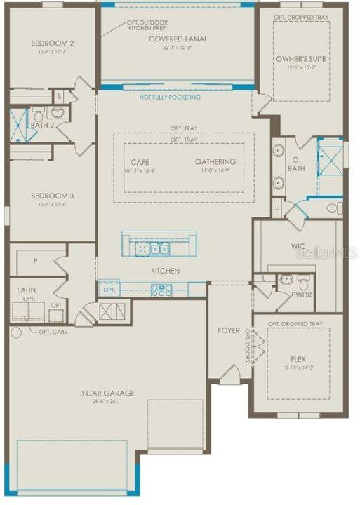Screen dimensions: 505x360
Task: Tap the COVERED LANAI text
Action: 177,39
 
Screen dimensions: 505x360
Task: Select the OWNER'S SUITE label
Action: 300,58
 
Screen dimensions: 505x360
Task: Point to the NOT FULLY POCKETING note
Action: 169,97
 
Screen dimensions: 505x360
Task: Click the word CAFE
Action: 140,162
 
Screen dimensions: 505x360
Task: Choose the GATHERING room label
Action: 215,162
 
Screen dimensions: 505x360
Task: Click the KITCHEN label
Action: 164,271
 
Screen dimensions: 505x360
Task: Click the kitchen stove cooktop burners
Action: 161,290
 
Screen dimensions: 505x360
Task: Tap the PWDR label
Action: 302,295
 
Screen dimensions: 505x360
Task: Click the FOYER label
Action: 229,330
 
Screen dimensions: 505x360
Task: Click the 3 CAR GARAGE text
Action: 107,393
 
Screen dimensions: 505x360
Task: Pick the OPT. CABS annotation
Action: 53,331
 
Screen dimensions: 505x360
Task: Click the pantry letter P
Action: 35,261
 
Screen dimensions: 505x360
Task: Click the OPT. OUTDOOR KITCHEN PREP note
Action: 147,27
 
